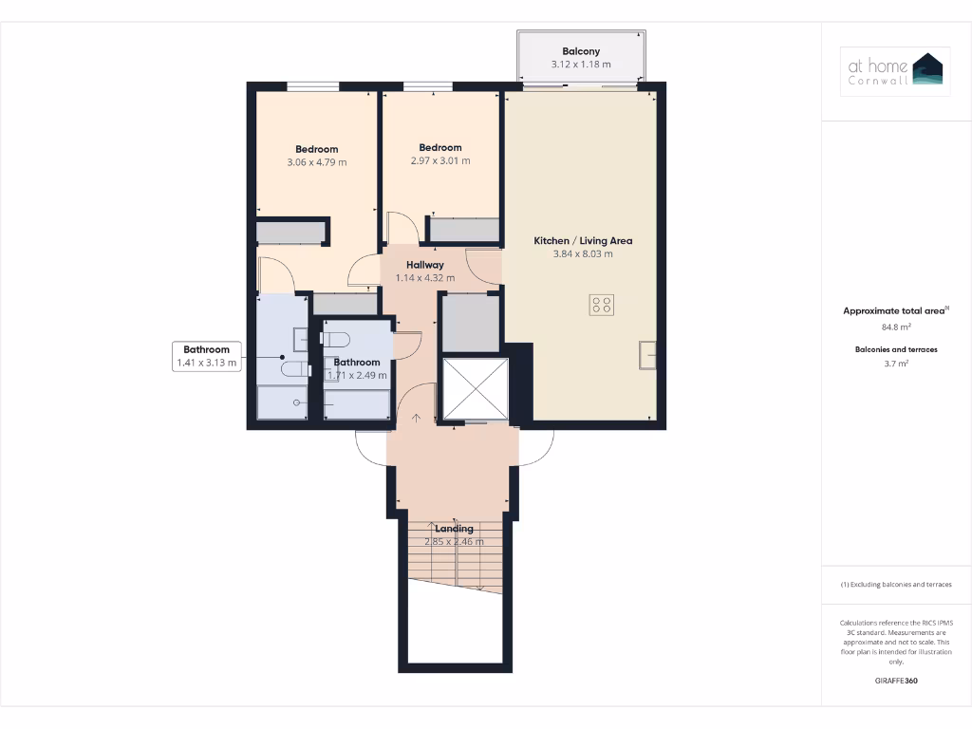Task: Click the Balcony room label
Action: pos(581,51)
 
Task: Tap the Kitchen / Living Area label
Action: pos(582,241)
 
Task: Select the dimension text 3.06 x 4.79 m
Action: pos(316,162)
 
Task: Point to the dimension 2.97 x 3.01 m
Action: pos(440,160)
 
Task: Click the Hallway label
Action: pos(424,265)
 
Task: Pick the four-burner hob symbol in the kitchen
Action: pos(602,305)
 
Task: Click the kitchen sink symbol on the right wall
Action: pos(647,353)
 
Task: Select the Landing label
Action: pos(454,529)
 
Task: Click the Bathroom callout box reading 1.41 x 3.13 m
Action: pos(206,356)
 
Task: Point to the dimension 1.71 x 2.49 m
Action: pos(357,375)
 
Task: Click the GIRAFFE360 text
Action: pos(896,681)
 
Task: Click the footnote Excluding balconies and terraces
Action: pos(896,585)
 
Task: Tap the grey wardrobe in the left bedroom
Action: pos(290,233)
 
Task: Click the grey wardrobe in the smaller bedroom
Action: pos(464,230)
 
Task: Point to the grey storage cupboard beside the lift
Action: pos(472,324)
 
